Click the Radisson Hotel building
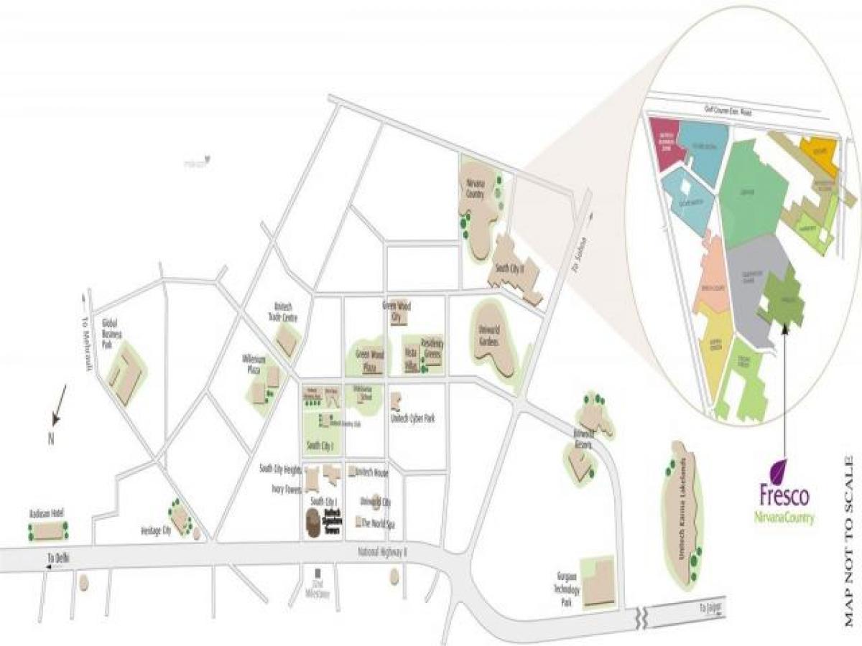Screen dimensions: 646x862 coord(48,531)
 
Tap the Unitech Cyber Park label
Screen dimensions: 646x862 coord(412,418)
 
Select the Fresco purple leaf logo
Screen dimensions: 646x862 coord(779,472)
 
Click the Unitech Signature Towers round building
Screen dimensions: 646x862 coord(314,523)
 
